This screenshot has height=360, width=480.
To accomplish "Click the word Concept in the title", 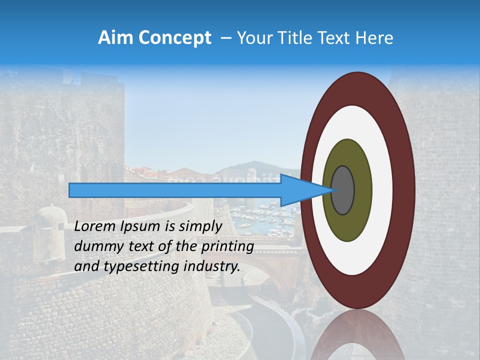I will (x=175, y=38).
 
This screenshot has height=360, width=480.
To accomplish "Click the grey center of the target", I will (x=343, y=190).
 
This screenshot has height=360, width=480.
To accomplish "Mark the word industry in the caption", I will (x=212, y=266).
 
